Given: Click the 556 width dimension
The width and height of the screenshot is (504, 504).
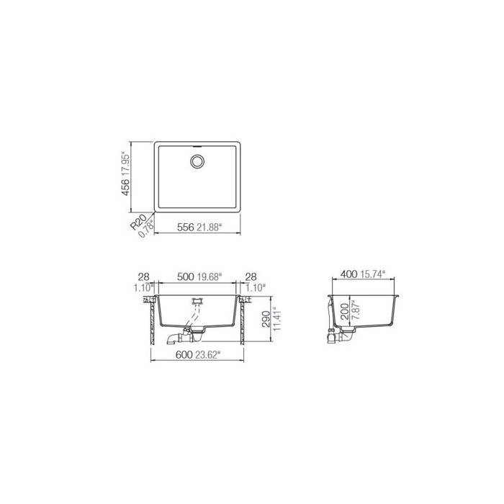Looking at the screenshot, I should (x=186, y=228).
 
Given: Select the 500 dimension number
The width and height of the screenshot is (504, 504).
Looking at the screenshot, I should (x=185, y=276).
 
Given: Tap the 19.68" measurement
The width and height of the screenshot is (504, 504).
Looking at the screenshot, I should (x=210, y=276).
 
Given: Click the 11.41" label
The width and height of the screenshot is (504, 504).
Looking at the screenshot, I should (x=274, y=317).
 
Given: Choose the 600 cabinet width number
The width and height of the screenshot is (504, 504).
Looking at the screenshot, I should (x=184, y=354).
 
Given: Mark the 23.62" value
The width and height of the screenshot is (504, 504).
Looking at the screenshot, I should (x=209, y=354).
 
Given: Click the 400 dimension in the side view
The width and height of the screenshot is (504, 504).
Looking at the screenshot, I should (x=349, y=274).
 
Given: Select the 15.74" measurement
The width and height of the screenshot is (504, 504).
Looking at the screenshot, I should (x=373, y=274).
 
